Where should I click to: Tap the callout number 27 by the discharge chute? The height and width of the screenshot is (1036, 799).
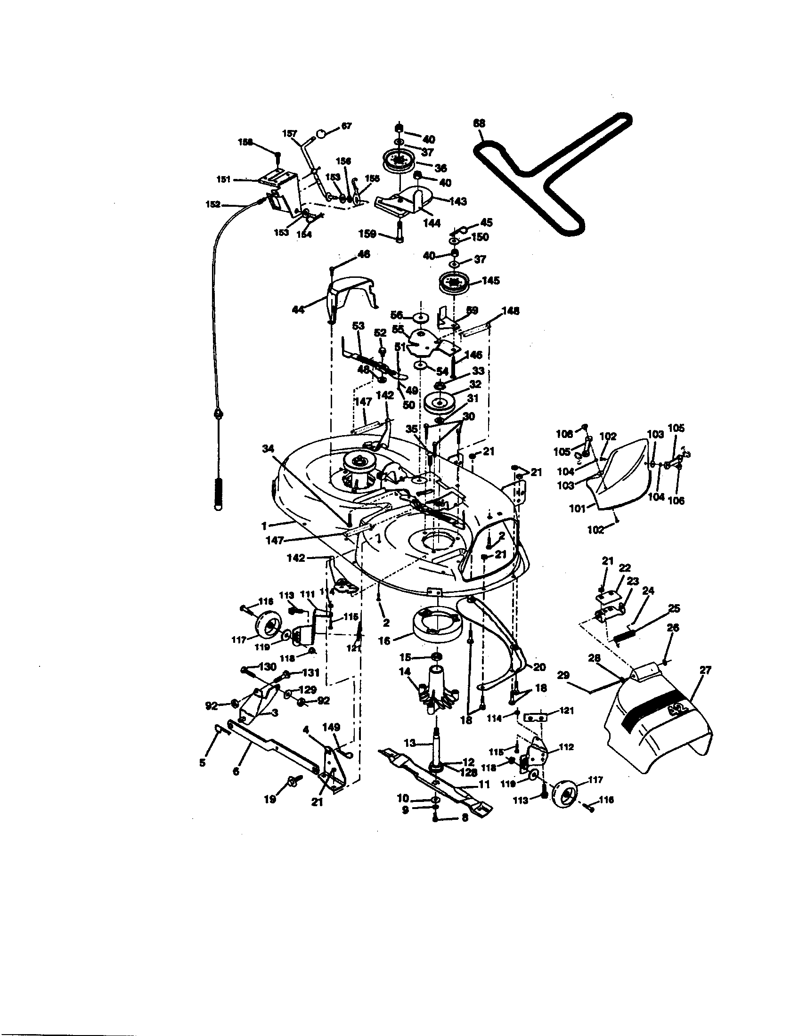coord(706,670)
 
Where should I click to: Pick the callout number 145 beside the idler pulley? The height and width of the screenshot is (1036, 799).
coord(490,280)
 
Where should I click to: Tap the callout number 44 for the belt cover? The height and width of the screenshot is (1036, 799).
coord(298,310)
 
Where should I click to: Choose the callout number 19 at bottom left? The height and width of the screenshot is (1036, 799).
coord(270,799)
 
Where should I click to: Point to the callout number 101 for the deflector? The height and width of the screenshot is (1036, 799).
coord(577,509)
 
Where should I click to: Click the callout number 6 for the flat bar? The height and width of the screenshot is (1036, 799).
coord(236,772)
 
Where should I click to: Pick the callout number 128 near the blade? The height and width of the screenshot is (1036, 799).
coord(468,772)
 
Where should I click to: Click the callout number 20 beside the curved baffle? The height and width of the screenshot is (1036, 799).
coord(539,667)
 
